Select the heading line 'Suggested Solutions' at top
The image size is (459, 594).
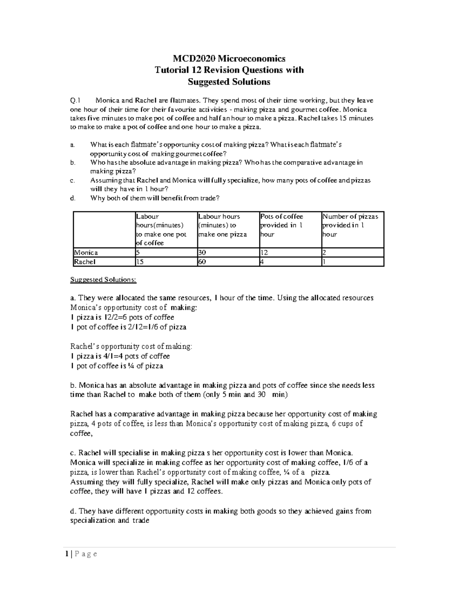tap(229, 82)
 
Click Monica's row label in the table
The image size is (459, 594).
tap(86, 252)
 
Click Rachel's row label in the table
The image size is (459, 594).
tap(85, 262)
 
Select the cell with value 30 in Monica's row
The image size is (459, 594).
tap(228, 252)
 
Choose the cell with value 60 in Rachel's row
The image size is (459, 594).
tap(228, 262)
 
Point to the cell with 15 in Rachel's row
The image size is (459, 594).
tap(166, 262)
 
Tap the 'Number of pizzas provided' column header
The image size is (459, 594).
tap(352, 225)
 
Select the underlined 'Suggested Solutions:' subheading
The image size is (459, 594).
tap(103, 280)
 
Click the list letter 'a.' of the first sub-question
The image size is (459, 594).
tap(72, 145)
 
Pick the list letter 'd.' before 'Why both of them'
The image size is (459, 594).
tap(73, 198)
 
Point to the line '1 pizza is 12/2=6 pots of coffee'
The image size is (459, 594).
tap(122, 317)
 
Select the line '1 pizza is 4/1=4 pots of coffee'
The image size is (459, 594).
tap(120, 356)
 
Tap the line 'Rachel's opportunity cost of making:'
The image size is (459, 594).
tap(132, 347)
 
